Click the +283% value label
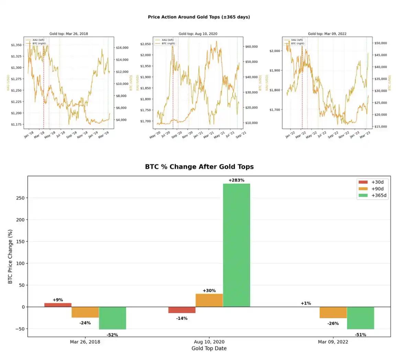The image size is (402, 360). pos(236,180)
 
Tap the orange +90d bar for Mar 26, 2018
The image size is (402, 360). pos(85,312)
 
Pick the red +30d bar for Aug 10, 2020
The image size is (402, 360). pos(182,310)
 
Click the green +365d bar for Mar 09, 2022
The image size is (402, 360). pos(360,318)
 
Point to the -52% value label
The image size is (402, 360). pos(112,335)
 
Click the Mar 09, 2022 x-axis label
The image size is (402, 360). pos(333,342)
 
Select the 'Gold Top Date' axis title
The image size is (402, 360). pos(209,348)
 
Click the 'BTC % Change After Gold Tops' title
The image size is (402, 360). pos(199,167)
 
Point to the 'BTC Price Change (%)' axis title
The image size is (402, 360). pos(10,257)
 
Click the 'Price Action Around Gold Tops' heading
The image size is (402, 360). pos(199,17)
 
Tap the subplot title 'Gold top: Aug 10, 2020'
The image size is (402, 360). pos(198,34)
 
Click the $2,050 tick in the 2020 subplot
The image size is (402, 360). pos(146,44)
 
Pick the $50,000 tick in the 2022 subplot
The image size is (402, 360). pos(380,43)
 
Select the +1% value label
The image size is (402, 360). pos(306,303)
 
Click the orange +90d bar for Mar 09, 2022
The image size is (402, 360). pos(333,312)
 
